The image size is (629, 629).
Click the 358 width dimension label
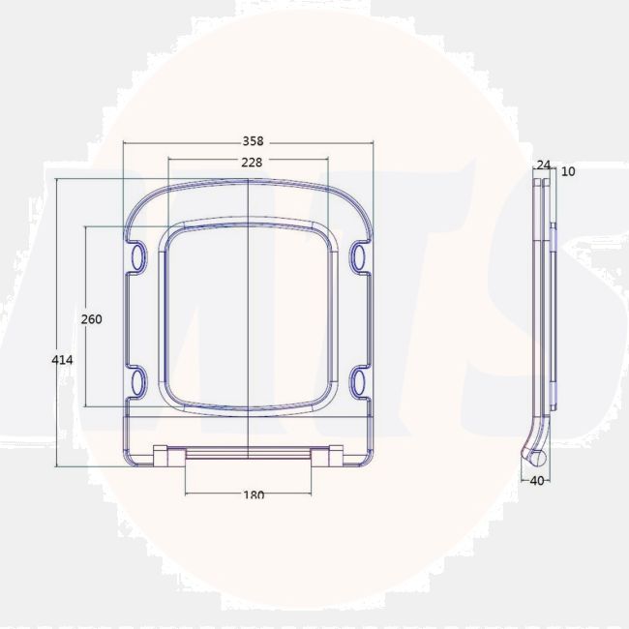pos(254,141)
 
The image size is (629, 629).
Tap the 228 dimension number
pos(252,162)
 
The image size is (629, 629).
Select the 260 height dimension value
pos(92,319)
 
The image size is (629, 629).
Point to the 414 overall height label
pos(62,360)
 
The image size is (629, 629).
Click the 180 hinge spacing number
pos(254,494)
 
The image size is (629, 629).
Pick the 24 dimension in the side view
pos(544,165)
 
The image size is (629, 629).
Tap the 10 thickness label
pos(568,171)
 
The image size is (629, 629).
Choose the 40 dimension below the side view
pos(537,480)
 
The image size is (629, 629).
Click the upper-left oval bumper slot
pos(138,255)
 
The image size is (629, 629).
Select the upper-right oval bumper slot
pos(359,255)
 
